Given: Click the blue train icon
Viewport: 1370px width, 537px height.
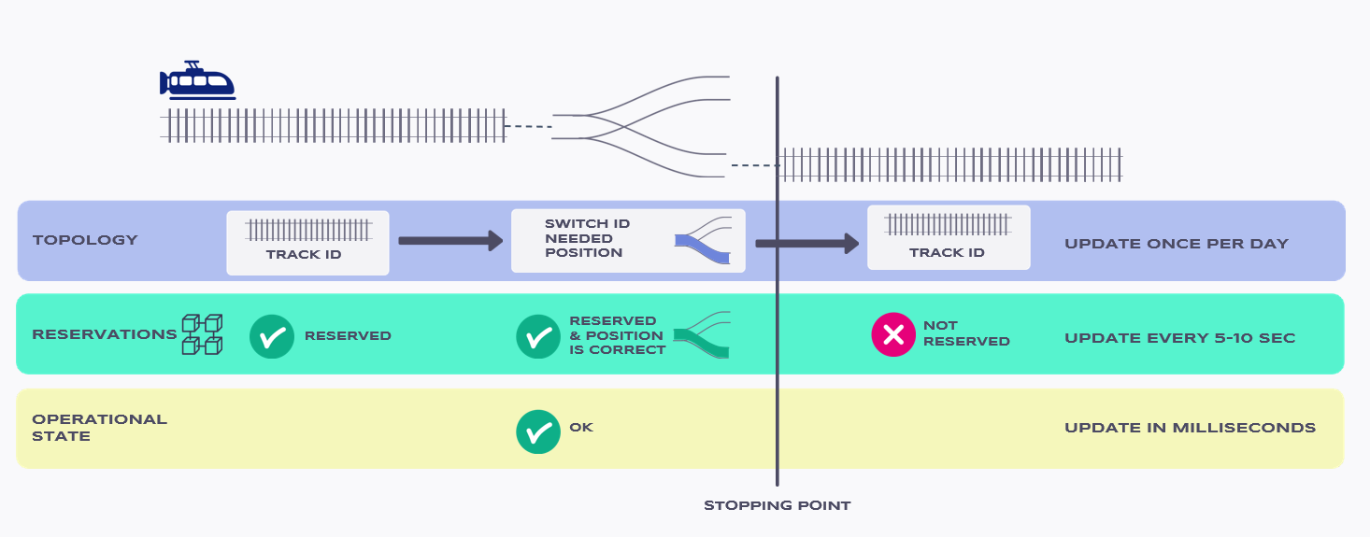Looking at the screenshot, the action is coord(197,80).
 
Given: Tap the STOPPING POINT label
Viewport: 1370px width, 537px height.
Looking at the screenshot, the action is coord(777,506).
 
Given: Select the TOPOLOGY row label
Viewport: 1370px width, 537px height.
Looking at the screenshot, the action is coord(85,240).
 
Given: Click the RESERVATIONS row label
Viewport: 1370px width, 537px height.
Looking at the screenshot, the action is coord(104,334).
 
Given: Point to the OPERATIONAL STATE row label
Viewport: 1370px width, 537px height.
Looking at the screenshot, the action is coord(99,428).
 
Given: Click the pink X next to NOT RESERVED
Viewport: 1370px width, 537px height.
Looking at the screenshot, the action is coord(893,334).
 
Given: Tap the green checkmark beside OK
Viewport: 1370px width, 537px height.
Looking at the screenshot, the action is coord(538,431).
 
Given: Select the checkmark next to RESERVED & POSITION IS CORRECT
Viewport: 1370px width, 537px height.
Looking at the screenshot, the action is coord(538,336).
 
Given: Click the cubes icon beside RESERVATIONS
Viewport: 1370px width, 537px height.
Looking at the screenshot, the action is coord(202,334).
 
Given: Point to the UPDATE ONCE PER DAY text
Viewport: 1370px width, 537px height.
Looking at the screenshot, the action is coord(1177,244).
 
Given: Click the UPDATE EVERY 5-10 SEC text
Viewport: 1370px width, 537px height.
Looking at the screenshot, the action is coord(1179,338).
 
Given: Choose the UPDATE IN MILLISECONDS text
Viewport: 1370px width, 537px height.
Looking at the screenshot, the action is coord(1190,428).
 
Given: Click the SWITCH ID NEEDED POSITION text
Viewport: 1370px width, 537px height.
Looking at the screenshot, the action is coord(587,238).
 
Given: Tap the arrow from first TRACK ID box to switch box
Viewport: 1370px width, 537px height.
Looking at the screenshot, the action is coord(450,241).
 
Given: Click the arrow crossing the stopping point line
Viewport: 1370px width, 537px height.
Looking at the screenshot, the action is coord(807,243).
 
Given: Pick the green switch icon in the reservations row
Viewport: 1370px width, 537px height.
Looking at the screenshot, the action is coord(702,334).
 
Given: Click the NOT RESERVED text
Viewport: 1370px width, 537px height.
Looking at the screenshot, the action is coord(966,333).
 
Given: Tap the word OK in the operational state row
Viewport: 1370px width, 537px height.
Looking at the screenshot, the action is coord(581,427).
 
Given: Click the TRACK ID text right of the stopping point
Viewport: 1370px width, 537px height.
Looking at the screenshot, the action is coord(947,252).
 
